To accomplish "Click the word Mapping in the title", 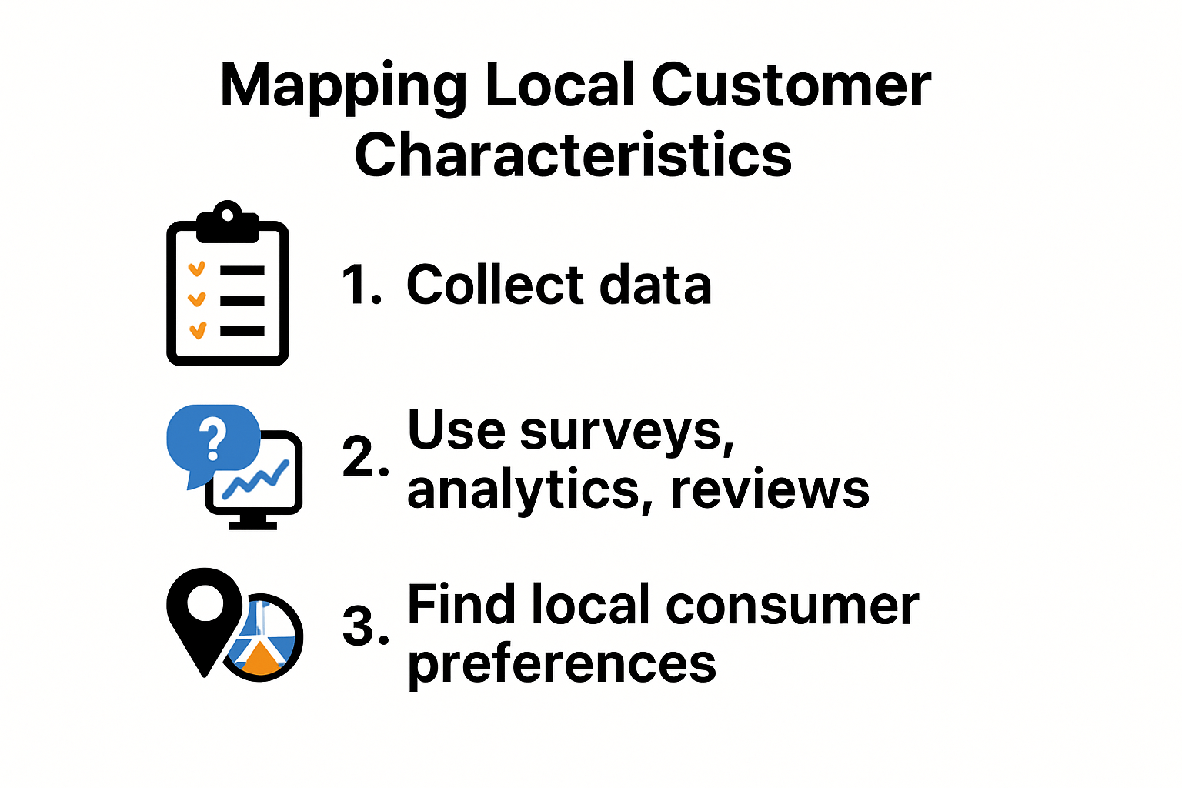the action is [x=343, y=86].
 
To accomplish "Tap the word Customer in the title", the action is [x=791, y=85].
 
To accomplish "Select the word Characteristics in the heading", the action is [x=573, y=155].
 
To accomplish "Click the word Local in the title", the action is [x=559, y=85].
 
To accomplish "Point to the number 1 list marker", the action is [x=361, y=285].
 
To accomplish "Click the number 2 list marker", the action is [x=366, y=456].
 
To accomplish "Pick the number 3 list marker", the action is [x=366, y=626].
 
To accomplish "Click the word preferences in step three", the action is [x=562, y=663].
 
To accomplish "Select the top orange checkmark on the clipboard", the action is [x=197, y=269].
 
